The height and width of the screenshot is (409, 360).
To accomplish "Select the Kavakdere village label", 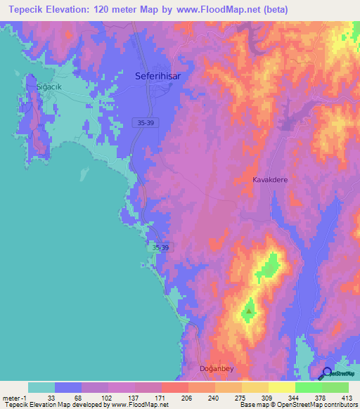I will pyautogui.click(x=271, y=180).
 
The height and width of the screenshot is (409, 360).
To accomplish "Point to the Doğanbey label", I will pyautogui.click(x=220, y=368).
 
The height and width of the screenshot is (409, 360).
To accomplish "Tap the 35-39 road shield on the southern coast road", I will pyautogui.click(x=160, y=248).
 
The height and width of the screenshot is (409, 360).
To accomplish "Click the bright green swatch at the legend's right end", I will pyautogui.click(x=335, y=387).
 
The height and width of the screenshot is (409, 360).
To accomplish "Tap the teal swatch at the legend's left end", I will pyautogui.click(x=41, y=387).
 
